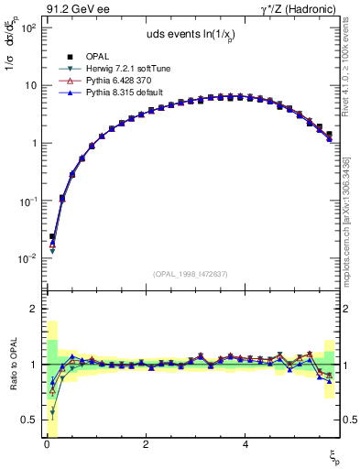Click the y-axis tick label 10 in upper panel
(x=29, y=85)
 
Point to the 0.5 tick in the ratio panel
(x=29, y=420)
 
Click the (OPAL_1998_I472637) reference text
(x=190, y=273)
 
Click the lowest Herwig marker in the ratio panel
(x=51, y=412)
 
